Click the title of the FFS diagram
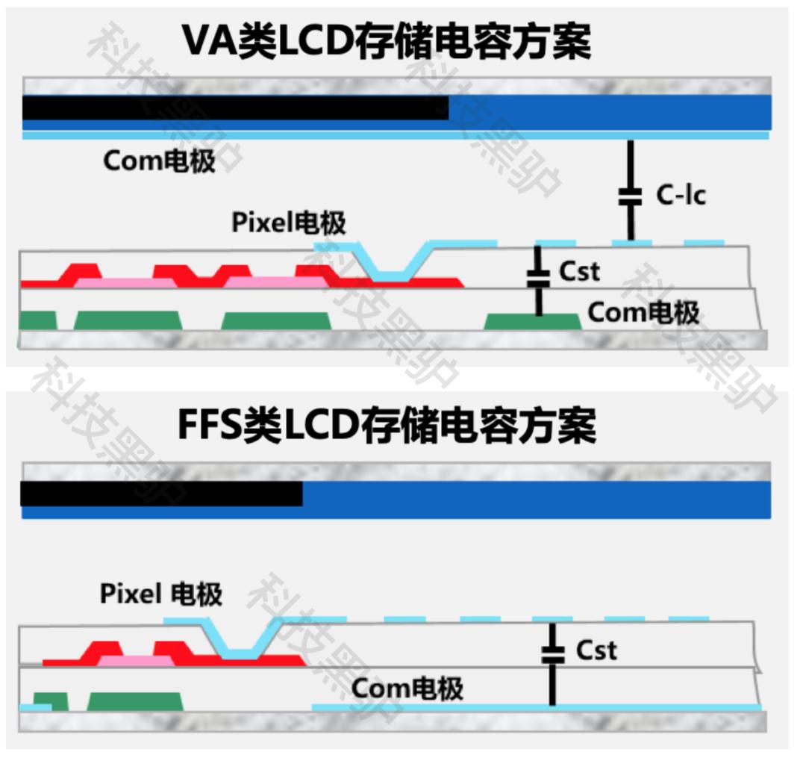click(387, 427)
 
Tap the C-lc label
click(681, 196)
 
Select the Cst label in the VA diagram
click(579, 271)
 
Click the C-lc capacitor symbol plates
click(631, 197)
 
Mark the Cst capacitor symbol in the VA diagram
click(537, 277)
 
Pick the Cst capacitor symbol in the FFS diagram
click(552, 655)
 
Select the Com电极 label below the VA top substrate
click(159, 161)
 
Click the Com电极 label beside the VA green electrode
click(643, 312)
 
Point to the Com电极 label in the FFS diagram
click(407, 688)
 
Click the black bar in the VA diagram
click(235, 108)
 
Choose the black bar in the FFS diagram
click(161, 494)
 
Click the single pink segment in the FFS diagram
click(135, 661)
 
